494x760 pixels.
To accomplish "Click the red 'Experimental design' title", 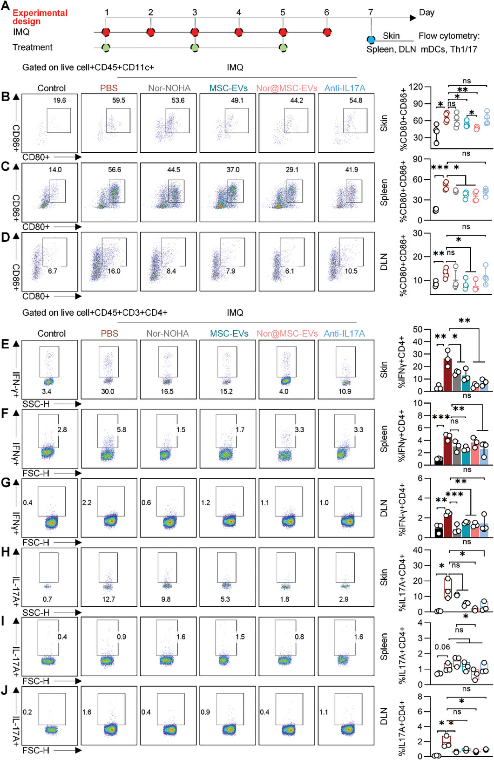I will (x=40, y=17).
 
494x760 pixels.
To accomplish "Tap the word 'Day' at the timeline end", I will (x=426, y=13).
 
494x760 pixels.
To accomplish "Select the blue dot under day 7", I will (x=371, y=41).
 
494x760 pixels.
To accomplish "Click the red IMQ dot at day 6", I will (x=327, y=32).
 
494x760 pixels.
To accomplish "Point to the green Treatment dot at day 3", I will (x=195, y=47).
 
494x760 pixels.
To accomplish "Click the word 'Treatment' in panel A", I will (x=32, y=47).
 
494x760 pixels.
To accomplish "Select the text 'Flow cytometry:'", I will (x=448, y=36).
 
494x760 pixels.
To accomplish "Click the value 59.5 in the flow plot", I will (x=119, y=101).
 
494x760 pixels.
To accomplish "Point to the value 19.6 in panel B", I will (x=60, y=101).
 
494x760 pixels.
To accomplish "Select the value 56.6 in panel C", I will (x=115, y=170).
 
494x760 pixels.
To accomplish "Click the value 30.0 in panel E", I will (x=108, y=392).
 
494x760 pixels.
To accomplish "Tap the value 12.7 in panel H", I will (x=108, y=599).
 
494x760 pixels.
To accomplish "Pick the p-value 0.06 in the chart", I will (x=442, y=647).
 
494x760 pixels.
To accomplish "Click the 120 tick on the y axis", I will (x=416, y=87).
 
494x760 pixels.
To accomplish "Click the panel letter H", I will (x=6, y=552).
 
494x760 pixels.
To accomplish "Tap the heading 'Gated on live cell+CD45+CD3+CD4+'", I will (x=95, y=312).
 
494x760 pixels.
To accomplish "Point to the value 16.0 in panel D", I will (x=114, y=271).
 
